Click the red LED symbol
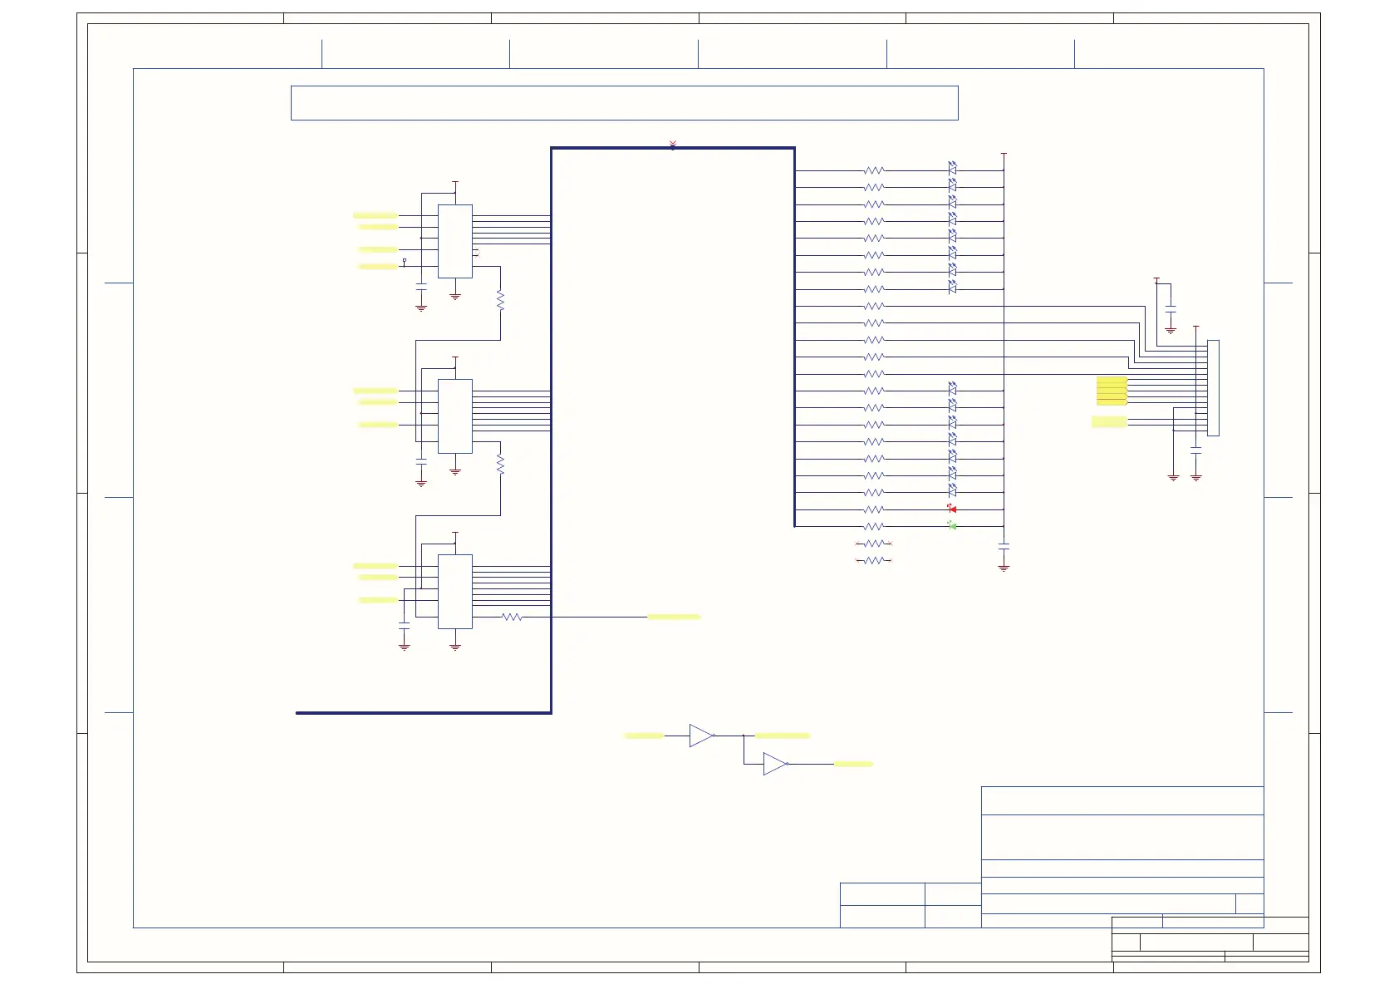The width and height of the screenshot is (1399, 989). click(952, 509)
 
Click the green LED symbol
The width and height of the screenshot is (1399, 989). click(952, 526)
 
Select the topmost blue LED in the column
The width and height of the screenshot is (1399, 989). click(952, 168)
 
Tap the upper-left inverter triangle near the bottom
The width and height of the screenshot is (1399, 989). click(700, 736)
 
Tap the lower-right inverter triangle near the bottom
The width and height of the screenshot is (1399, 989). click(774, 764)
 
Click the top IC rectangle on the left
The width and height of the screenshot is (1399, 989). click(455, 241)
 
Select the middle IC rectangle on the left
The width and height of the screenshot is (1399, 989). click(455, 416)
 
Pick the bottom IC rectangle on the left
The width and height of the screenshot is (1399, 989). click(455, 591)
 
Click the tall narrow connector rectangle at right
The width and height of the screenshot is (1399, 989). click(1213, 387)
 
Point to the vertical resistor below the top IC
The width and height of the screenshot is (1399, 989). click(500, 299)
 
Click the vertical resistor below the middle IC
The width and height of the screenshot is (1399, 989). click(500, 464)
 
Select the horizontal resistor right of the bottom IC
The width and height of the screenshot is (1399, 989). click(512, 617)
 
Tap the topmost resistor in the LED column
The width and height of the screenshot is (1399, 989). click(874, 170)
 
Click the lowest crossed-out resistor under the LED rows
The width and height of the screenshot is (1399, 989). click(874, 561)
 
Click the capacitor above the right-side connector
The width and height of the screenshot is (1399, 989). click(1171, 309)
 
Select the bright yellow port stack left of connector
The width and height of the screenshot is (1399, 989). click(1112, 391)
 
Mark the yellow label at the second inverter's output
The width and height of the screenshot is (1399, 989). click(853, 764)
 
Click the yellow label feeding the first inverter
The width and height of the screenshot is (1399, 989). click(644, 736)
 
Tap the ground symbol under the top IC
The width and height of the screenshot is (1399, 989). click(455, 296)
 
